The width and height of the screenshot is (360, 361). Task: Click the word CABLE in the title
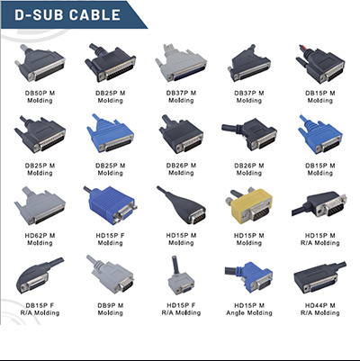pos(95,15)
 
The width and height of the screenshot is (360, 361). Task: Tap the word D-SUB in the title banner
pos(40,15)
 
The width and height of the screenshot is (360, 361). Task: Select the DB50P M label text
pos(40,94)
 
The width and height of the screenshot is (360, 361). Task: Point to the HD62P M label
pos(40,236)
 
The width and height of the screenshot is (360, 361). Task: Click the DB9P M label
pos(111,305)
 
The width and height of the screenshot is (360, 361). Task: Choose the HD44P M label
pos(320,305)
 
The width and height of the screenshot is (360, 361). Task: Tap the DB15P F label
pos(40,305)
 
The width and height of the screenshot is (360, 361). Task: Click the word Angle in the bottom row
pos(236,313)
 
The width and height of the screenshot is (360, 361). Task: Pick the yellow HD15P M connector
pos(250,206)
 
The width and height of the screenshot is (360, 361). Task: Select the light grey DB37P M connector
pos(181,63)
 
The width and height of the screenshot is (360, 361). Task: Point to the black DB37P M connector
pos(249,64)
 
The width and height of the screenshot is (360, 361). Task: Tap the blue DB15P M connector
pos(320,134)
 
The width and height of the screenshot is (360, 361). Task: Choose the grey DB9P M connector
pos(110,275)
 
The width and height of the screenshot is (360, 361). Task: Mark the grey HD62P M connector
pos(40,205)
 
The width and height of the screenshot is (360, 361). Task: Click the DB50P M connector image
pos(40,63)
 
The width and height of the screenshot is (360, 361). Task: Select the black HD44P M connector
pos(319,277)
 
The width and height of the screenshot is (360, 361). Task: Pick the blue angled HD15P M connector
pos(249,276)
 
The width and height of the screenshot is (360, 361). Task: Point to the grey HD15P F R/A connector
pos(181,275)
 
